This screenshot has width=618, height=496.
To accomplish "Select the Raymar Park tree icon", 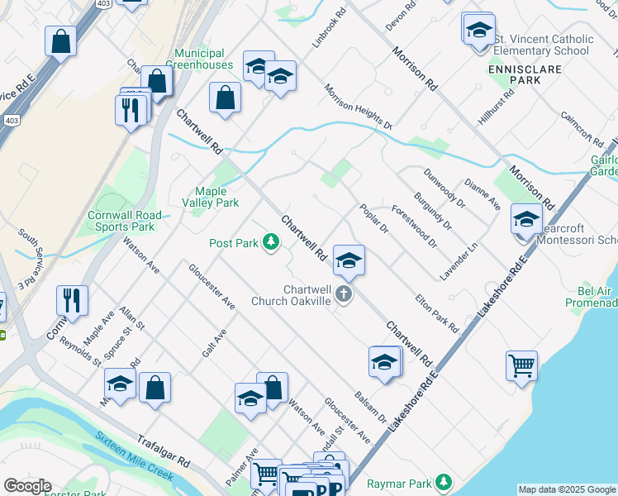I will point(444,481).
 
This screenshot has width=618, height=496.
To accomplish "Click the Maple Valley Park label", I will point(216,197).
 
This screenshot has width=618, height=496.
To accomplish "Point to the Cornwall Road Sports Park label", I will point(121,220).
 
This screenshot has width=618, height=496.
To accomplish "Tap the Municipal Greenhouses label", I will point(201,58).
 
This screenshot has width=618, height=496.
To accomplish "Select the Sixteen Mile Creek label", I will point(132,458).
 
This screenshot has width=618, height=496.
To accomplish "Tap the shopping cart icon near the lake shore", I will point(522,364).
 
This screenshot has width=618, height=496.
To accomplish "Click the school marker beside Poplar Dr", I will point(349,260).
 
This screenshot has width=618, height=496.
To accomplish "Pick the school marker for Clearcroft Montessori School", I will point(526,220).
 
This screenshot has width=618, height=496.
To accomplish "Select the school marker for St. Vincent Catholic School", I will point(478,30).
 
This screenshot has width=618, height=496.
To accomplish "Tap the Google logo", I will point(26,486).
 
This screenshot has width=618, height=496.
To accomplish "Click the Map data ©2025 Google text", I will point(566,489).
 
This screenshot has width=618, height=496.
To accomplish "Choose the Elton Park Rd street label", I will point(436,313).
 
